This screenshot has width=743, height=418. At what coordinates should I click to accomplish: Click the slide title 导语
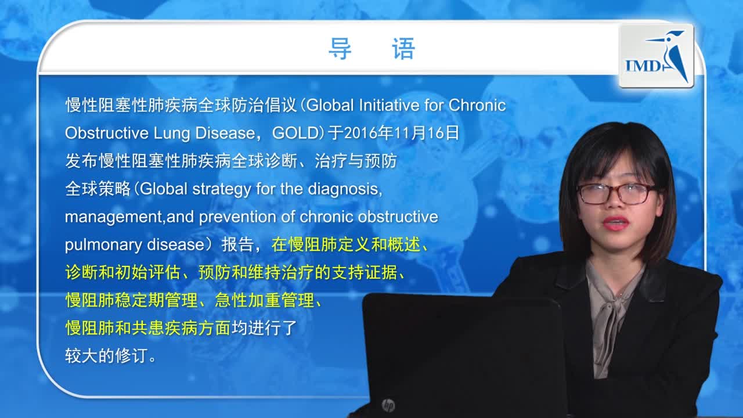[371, 49]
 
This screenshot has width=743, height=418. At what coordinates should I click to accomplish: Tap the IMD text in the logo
[642, 65]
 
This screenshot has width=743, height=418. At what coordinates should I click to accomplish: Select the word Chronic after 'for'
[477, 106]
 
